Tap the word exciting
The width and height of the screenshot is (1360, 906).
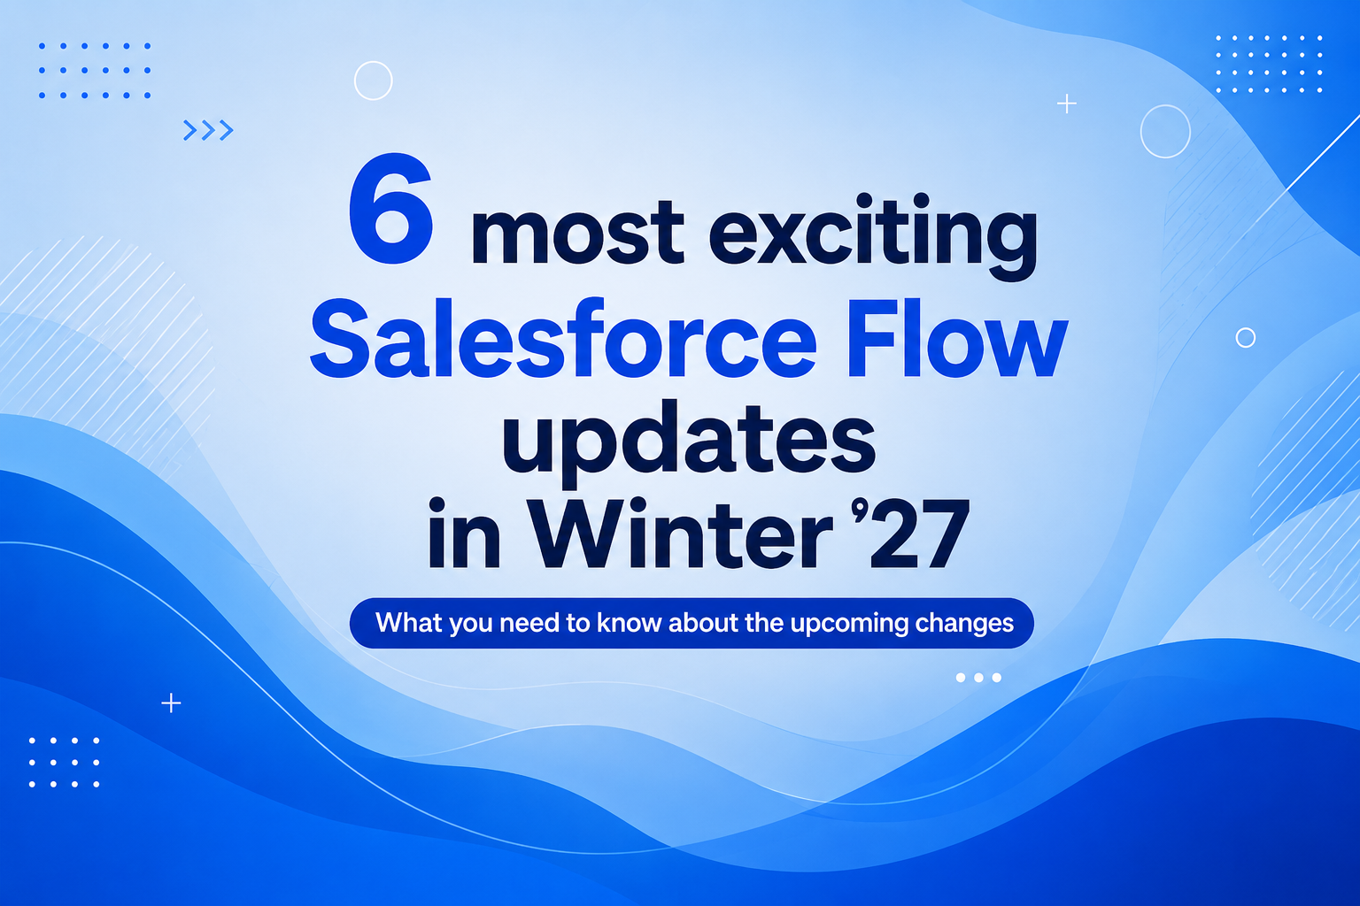coord(873,236)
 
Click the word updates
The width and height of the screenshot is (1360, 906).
coord(689,443)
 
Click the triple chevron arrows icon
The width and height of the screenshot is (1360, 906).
coord(208,130)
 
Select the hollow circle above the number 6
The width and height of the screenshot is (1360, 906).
coord(374,62)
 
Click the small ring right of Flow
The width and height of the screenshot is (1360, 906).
coord(1246,328)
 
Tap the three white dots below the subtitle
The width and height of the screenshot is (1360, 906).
coord(978,677)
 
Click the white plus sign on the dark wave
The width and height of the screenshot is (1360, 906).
coord(171,703)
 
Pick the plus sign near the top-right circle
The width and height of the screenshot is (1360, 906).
coord(1067,104)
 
